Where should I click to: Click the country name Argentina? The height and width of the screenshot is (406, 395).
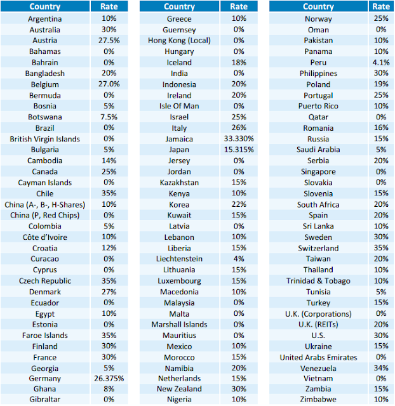pos(44,18)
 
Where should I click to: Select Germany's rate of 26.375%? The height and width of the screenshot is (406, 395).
pos(109,378)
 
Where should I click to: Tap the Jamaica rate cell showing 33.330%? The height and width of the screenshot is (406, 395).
pos(239,139)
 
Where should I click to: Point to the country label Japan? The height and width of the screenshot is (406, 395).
pos(179,150)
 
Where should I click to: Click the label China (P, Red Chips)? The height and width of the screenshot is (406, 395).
pos(44,215)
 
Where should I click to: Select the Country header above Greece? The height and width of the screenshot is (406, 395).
pos(179,7)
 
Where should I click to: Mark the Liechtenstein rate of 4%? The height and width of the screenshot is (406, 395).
pos(239,259)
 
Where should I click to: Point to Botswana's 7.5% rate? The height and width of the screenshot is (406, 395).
pos(109,117)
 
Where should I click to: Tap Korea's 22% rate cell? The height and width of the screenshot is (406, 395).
pos(239,204)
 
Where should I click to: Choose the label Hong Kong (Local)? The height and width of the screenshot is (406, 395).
pos(179,41)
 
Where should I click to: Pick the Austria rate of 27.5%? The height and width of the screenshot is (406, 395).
pos(109,41)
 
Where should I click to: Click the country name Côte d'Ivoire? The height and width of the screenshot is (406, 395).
pos(44,237)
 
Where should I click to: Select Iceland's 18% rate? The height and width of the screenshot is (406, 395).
pos(239,62)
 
